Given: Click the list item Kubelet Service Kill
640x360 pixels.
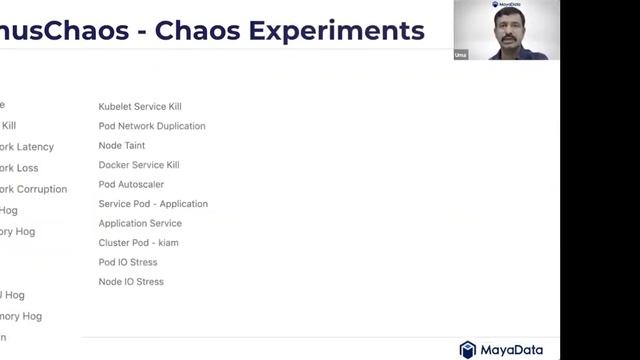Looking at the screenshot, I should (140, 106).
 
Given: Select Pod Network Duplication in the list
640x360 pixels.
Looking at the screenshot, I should (152, 126).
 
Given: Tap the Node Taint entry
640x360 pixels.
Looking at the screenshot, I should (122, 145).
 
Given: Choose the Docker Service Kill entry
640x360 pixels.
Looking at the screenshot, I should (139, 165).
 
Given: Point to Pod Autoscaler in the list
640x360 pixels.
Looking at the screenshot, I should (131, 184).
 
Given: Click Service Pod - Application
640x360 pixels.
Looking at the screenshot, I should (153, 204).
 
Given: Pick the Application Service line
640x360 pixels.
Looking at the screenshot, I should (140, 223).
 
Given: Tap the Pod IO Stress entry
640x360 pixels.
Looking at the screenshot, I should (128, 262).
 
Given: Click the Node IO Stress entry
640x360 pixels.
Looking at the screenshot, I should (131, 282).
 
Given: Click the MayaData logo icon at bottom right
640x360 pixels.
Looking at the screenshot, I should (468, 349).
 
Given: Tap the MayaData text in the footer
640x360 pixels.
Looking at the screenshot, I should (513, 349).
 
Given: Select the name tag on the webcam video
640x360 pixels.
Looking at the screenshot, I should (460, 55).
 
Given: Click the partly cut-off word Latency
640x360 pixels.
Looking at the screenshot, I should (35, 147).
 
